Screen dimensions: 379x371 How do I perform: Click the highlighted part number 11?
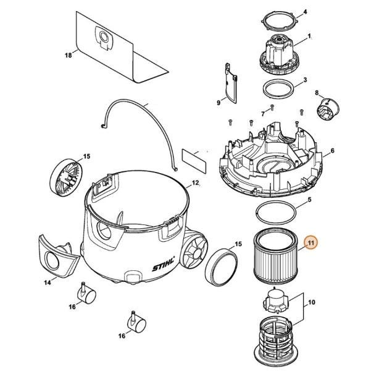tap(311, 242)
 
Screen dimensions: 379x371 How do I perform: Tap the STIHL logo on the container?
tap(164, 265)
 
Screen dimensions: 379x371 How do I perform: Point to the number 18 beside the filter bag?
tap(69, 55)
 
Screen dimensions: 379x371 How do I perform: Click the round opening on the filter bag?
tap(104, 37)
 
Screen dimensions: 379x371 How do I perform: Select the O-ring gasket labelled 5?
tap(276, 213)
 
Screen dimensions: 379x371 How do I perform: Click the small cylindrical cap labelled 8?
tap(328, 109)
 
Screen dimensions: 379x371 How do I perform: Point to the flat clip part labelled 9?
tap(231, 83)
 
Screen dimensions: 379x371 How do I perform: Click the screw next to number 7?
tap(272, 107)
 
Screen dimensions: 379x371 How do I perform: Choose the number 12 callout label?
tap(195, 182)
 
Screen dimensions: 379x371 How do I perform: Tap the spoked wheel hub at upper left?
tap(66, 177)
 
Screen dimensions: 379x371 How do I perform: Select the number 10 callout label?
tap(312, 302)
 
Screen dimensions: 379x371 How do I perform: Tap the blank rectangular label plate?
tap(194, 161)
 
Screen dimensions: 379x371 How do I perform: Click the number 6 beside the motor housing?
tap(333, 151)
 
